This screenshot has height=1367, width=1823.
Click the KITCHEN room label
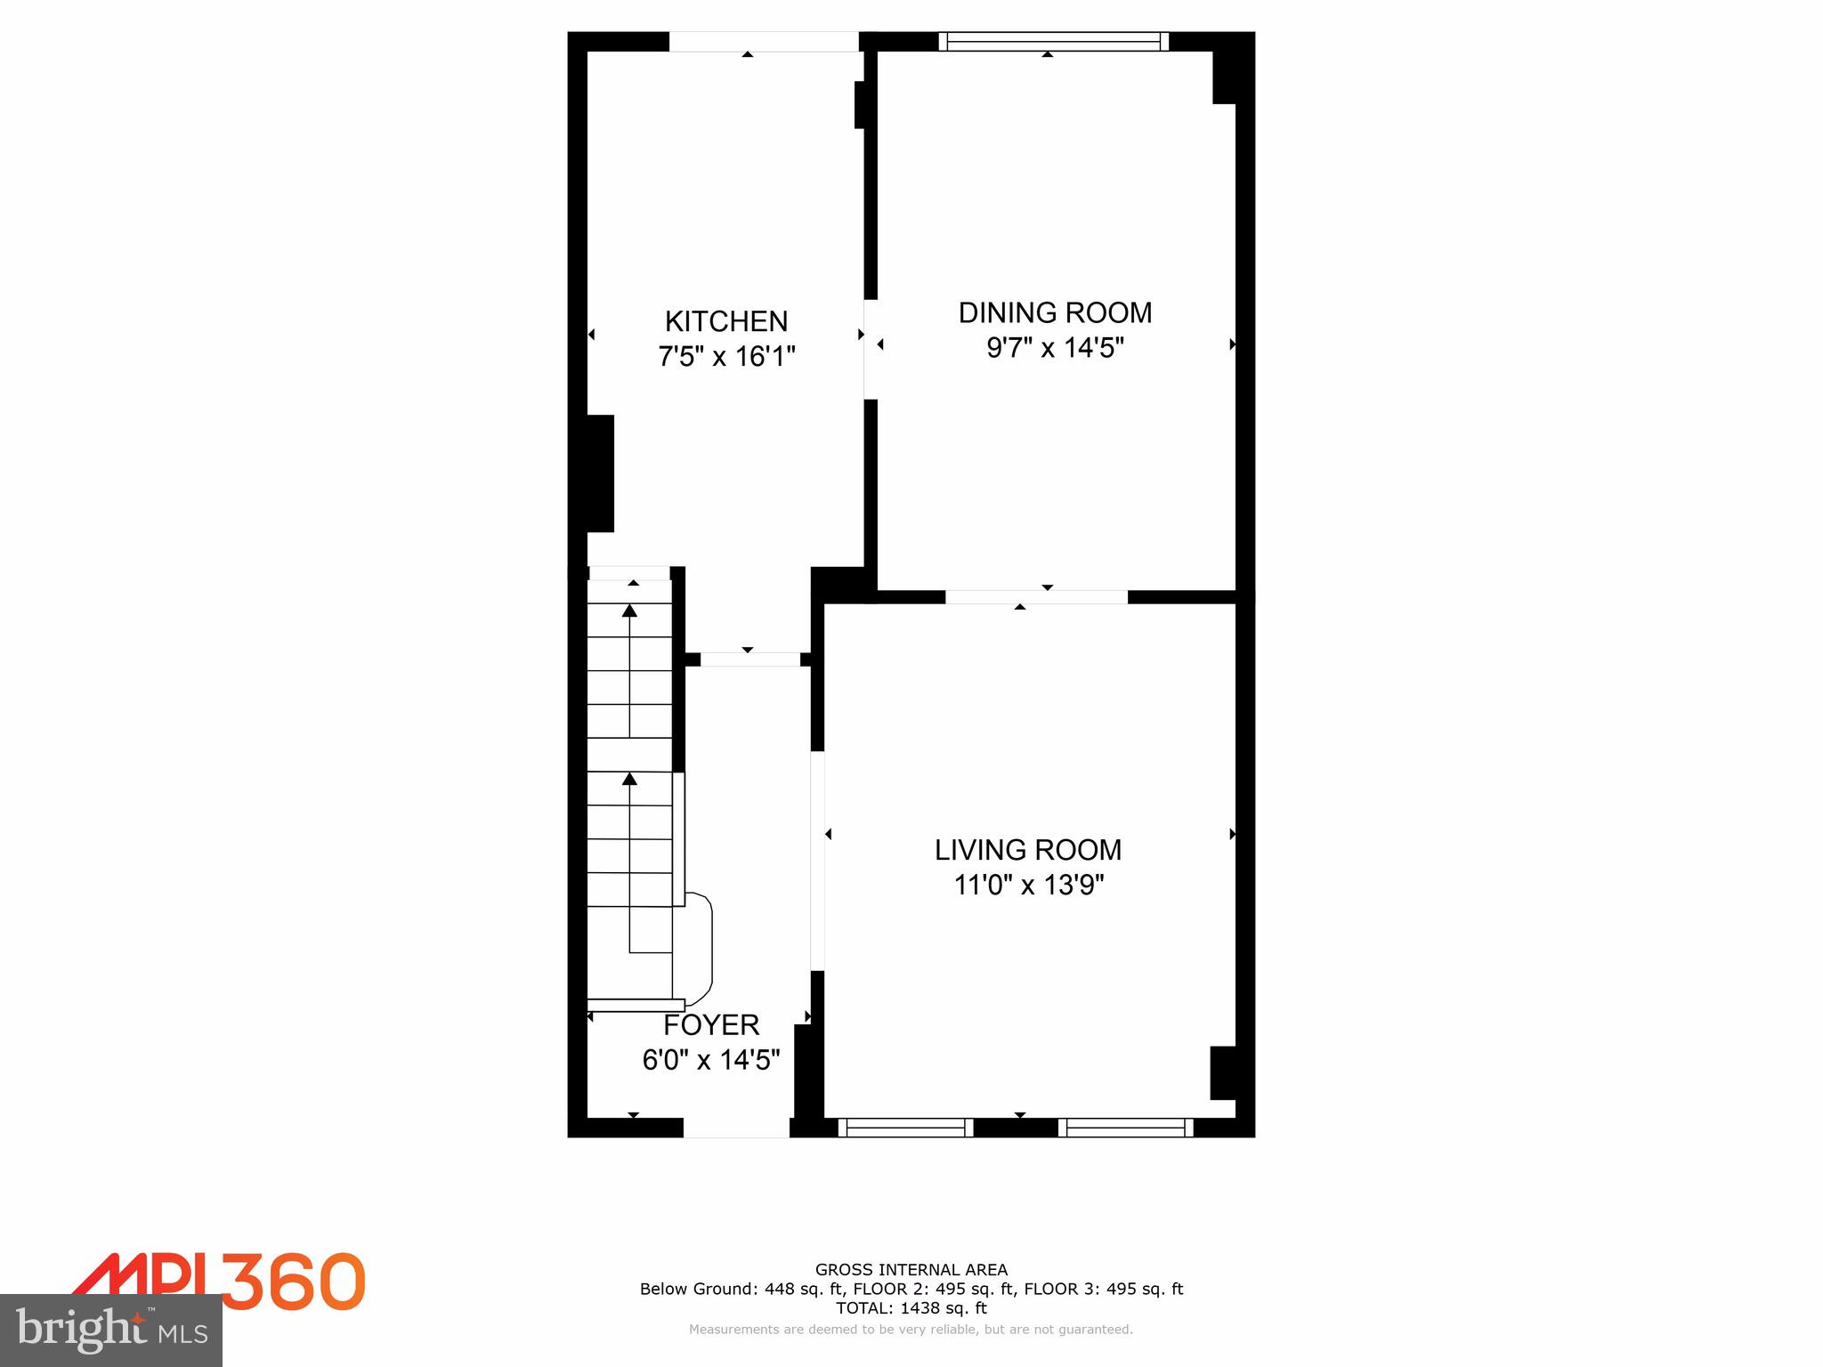[726, 321]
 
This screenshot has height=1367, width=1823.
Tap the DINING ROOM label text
[1055, 312]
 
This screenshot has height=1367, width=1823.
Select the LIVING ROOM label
[1027, 850]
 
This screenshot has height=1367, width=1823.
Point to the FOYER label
[711, 1025]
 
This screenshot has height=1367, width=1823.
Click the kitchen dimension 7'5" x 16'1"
[726, 357]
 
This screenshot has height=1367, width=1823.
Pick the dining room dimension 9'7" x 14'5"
[1055, 348]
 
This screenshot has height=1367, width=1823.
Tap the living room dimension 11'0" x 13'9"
[1028, 886]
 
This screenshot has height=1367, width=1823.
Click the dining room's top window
[1054, 41]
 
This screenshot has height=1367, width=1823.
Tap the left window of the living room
[906, 1128]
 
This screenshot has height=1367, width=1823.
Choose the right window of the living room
[1126, 1128]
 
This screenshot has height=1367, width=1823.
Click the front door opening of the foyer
[736, 1128]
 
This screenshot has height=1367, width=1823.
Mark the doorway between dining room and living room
[1036, 597]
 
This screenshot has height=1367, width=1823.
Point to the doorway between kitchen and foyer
[750, 659]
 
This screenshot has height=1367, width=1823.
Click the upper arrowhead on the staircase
[630, 611]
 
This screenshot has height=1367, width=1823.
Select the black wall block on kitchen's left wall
[599, 473]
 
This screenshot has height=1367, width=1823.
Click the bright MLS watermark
[111, 1330]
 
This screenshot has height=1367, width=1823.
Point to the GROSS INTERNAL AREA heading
[911, 1270]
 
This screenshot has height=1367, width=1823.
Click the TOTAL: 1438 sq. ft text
[911, 1307]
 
